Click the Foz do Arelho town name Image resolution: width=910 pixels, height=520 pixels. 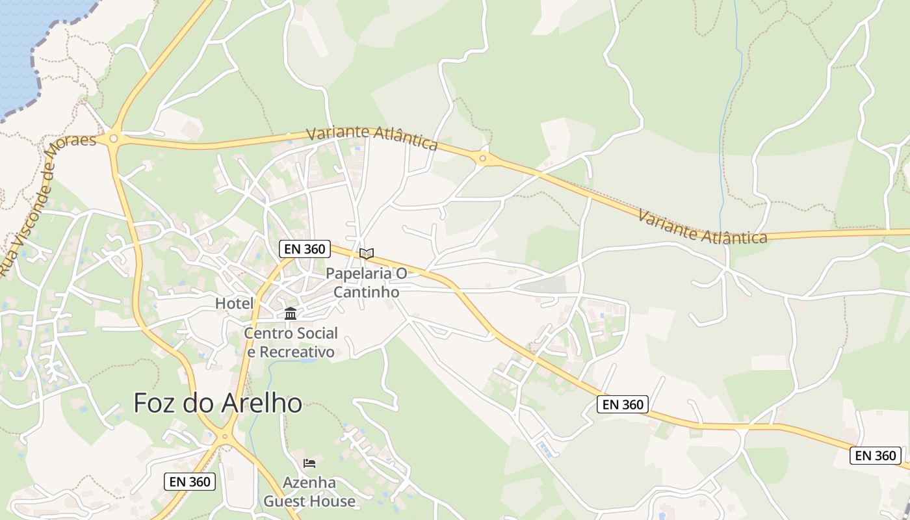click(217, 404)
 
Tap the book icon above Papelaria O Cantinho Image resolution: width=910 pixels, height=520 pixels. click(367, 253)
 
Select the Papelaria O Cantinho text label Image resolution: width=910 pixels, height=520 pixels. click(367, 283)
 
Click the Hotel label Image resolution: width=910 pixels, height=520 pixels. click(234, 304)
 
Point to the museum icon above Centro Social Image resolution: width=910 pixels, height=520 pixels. click(291, 314)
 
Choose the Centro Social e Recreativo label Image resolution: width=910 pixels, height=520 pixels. click(291, 343)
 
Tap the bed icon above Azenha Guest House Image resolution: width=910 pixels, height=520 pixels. click(309, 463)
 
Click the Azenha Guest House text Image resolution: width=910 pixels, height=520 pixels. click(309, 492)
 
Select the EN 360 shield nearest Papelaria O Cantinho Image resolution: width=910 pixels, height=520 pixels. click(305, 248)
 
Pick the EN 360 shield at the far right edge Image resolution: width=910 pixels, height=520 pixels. click(875, 456)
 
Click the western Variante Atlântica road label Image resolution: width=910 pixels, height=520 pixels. click(372, 137)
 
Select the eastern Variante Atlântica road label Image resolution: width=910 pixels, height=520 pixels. click(702, 226)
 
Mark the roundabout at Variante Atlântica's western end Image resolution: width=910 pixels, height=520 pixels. click(114, 138)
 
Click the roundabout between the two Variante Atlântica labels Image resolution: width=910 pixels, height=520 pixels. click(482, 158)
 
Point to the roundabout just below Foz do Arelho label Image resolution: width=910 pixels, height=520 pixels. click(226, 437)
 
